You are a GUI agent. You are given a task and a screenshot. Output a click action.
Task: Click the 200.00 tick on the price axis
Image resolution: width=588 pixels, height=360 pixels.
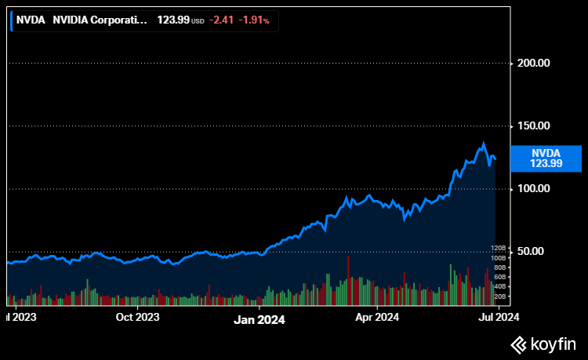click(533, 63)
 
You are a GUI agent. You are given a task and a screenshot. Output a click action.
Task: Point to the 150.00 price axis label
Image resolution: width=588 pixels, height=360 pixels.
click(533, 125)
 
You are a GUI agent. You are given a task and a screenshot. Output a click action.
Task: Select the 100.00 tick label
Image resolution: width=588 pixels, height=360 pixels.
click(533, 188)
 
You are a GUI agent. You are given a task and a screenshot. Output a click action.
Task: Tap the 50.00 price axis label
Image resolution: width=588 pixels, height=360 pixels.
click(530, 251)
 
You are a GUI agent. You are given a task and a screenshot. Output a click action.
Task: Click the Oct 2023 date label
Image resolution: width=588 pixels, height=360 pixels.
click(138, 317)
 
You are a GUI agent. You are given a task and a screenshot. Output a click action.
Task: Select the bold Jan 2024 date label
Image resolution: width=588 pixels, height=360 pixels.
click(260, 320)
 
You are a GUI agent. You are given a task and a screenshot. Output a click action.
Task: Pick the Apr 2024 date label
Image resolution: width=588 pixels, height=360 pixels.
click(377, 317)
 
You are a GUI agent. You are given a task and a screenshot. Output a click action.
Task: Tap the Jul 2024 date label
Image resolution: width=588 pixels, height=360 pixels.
click(499, 317)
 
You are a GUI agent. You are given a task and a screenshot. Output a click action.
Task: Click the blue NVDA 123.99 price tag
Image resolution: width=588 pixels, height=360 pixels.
click(546, 158)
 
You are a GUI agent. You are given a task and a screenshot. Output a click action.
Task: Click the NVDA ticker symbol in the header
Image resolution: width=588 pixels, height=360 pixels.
click(31, 20)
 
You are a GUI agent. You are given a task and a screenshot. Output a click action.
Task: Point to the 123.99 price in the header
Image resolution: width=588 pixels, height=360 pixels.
click(173, 20)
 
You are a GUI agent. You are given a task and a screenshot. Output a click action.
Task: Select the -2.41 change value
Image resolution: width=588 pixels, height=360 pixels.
click(221, 20)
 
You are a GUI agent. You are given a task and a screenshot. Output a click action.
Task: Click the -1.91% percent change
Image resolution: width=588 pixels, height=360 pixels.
click(254, 20)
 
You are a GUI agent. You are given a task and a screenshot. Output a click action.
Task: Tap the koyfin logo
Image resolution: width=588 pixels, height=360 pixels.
click(543, 344)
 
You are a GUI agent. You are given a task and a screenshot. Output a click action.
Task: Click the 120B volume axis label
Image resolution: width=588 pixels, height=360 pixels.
click(499, 249)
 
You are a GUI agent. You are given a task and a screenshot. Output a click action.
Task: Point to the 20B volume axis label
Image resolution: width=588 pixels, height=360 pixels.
click(500, 296)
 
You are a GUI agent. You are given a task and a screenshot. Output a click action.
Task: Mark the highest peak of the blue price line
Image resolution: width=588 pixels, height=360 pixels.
click(484, 143)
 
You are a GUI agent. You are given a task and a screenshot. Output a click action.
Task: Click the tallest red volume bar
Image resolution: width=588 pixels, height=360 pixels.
click(348, 281)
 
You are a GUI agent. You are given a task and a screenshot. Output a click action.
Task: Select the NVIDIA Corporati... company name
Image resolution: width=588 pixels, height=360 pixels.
click(100, 20)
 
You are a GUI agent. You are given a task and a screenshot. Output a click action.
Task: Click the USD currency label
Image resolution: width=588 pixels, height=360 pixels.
click(198, 21)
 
